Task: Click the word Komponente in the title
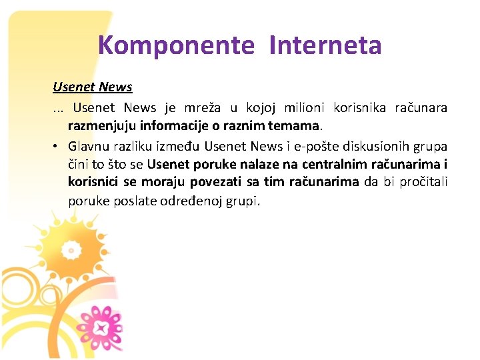click(176, 46)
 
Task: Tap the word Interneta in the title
click(325, 46)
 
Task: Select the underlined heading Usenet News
click(93, 87)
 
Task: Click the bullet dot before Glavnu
click(58, 146)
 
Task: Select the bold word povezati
click(217, 182)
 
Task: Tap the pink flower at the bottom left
click(102, 326)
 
